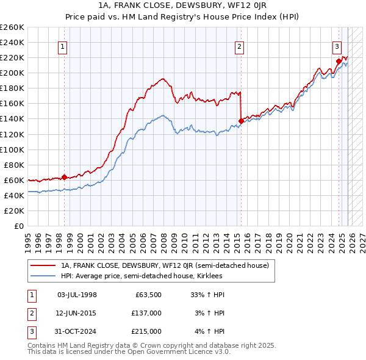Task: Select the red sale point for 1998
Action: point(64,177)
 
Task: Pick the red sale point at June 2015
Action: point(241,121)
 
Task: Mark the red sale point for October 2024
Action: point(339,61)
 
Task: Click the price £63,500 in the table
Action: point(148,295)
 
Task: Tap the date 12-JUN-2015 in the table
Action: point(76,313)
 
